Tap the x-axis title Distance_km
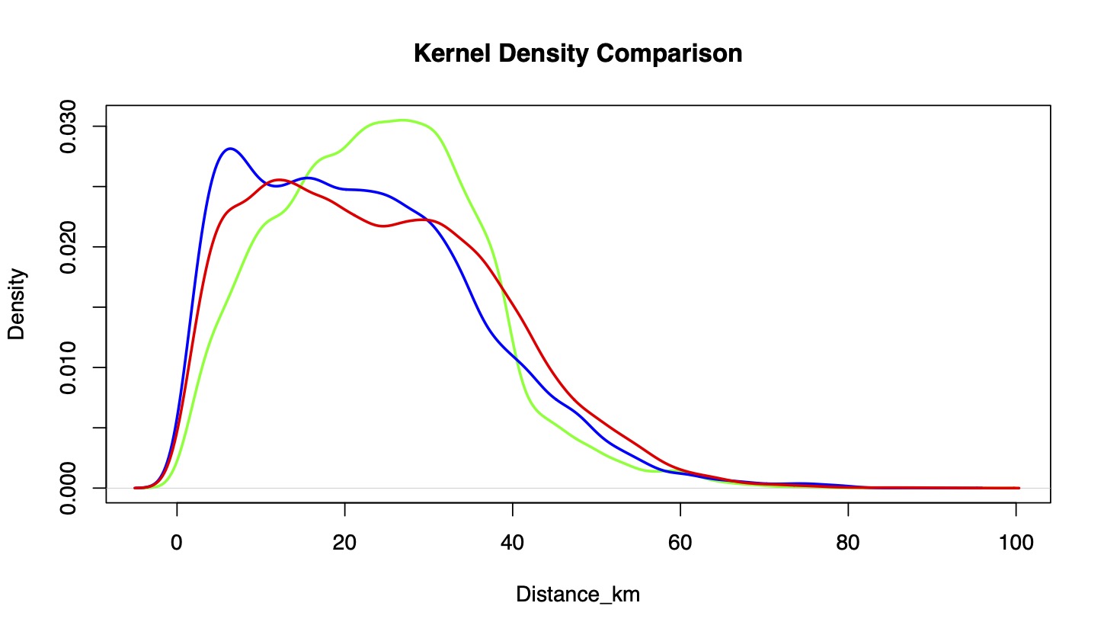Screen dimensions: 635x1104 [578, 595]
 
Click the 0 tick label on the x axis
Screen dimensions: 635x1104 [177, 544]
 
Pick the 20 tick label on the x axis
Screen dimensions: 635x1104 [344, 544]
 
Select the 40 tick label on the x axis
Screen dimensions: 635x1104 [513, 544]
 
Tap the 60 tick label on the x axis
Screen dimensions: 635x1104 [680, 544]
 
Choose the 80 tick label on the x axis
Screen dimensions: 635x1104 [848, 544]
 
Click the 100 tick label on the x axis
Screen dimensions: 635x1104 [1016, 544]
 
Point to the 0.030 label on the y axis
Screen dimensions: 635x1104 [69, 127]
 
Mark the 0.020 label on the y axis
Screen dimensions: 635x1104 [69, 247]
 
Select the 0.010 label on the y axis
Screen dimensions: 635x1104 [69, 367]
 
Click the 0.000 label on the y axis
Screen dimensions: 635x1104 [69, 488]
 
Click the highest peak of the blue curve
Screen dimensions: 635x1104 [230, 149]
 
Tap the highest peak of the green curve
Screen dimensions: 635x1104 [404, 120]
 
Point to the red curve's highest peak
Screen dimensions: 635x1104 [279, 180]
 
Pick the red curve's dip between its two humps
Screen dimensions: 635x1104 [383, 226]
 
